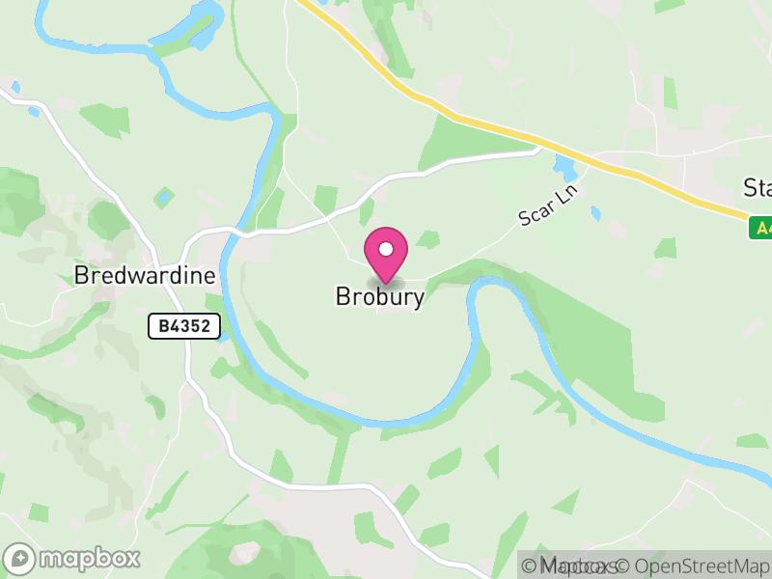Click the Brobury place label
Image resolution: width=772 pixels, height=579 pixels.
(x=379, y=297)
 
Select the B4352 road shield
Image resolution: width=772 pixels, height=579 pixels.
(x=184, y=326)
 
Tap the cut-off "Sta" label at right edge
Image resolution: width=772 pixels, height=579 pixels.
(x=757, y=186)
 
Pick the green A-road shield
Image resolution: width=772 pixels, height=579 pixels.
(x=759, y=229)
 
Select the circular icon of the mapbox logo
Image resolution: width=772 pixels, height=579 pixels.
(x=20, y=558)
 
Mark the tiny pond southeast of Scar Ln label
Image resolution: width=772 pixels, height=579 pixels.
(x=595, y=211)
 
